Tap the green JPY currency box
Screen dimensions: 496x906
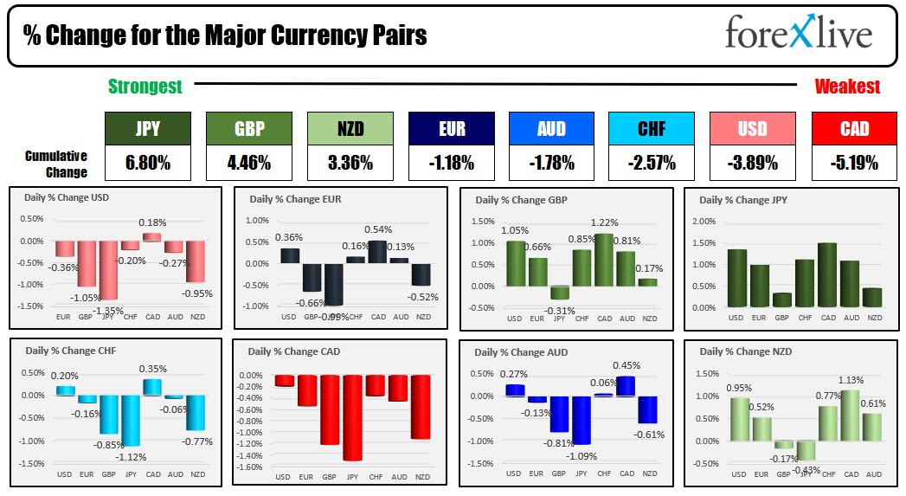pyautogui.click(x=147, y=129)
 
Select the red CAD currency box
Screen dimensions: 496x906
pyautogui.click(x=854, y=129)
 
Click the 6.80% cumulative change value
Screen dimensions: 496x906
pyautogui.click(x=147, y=162)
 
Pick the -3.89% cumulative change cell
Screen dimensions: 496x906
pyautogui.click(x=753, y=162)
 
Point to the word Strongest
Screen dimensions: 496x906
pyautogui.click(x=145, y=87)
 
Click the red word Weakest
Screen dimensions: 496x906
pyautogui.click(x=847, y=87)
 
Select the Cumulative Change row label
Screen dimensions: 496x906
pyautogui.click(x=55, y=162)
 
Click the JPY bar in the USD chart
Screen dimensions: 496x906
pyautogui.click(x=108, y=269)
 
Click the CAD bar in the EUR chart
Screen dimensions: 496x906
pyautogui.click(x=377, y=251)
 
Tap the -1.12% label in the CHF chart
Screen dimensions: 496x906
pyautogui.click(x=131, y=456)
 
